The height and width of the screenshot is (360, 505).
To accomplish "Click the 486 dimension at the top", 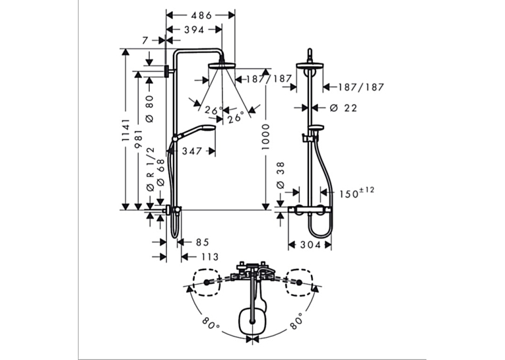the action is [201, 15].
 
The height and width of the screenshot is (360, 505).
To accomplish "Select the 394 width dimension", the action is [194, 30].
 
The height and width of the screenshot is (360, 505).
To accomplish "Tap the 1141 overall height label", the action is [125, 130].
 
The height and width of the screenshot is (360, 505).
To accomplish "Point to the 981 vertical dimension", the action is [139, 139].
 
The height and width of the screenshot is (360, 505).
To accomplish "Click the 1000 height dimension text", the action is [265, 136].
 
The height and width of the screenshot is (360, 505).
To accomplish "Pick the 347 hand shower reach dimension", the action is [191, 151].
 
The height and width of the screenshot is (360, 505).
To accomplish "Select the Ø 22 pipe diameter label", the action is [344, 108].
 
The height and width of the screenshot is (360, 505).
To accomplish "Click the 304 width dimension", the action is [310, 245].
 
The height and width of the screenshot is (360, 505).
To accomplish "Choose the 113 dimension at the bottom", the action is [210, 257].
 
